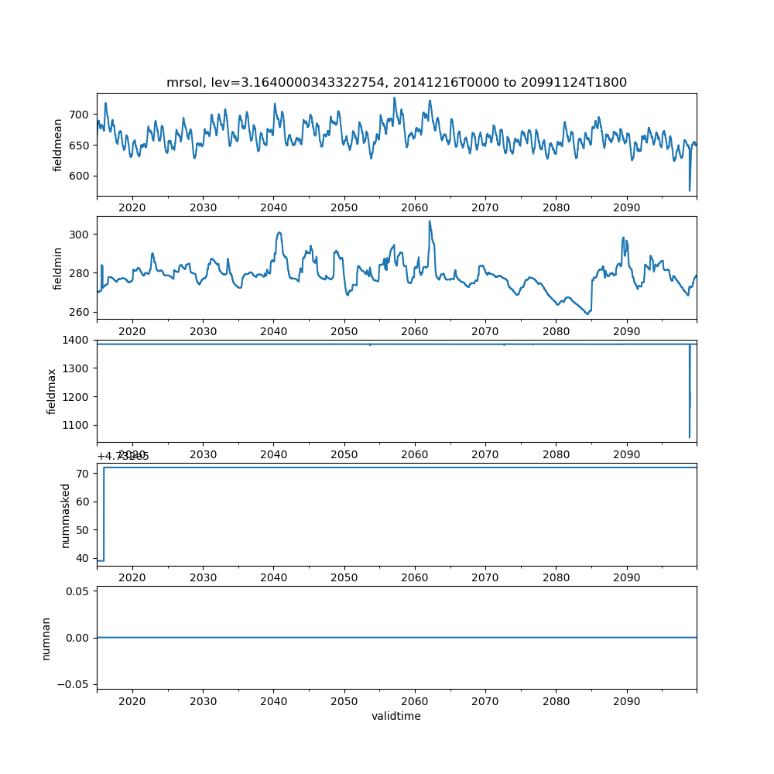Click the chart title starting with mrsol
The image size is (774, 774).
coord(396,82)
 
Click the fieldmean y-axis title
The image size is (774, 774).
coord(58,145)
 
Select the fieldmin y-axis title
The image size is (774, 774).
coord(58,268)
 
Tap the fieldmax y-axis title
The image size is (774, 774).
coord(53,391)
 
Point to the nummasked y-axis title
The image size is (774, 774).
coord(66,515)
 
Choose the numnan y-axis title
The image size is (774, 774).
coord(46,638)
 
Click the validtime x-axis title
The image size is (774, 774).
coord(396,716)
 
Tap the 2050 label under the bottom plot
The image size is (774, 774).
coord(344,701)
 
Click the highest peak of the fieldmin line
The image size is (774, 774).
coord(430,221)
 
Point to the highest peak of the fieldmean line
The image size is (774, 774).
coord(394,98)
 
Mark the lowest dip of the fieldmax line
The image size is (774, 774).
coord(690,437)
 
